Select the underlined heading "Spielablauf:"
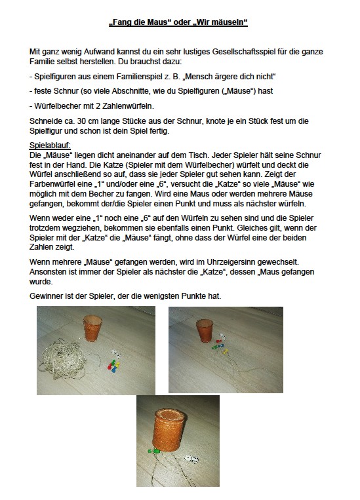point(50,145)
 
